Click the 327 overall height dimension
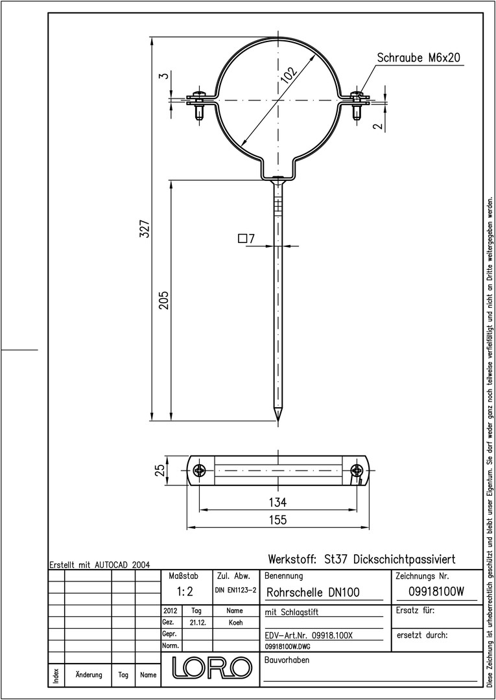144,228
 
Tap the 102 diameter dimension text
289,75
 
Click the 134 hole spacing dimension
278,502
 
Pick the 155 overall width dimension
278,520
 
